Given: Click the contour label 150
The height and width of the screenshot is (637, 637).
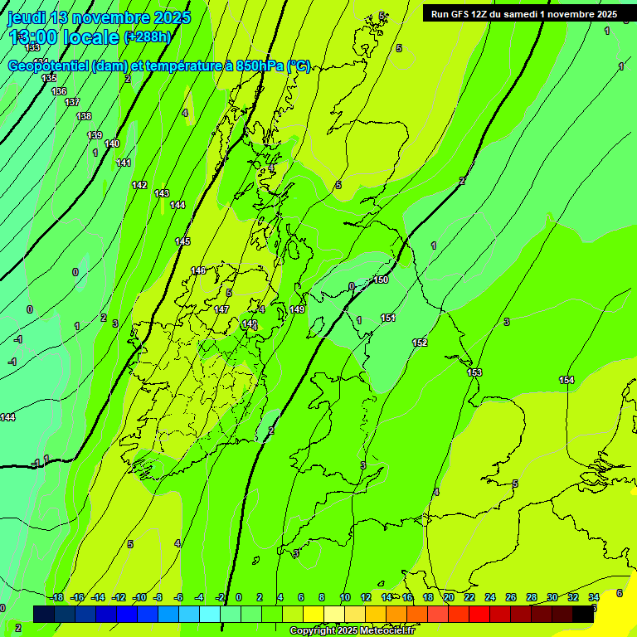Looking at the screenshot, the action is tap(381, 280).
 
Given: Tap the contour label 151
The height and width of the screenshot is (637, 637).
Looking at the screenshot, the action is tap(388, 318).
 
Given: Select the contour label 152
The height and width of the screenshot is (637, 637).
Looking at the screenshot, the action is tap(420, 343).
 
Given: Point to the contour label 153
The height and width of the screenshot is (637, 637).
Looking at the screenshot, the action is tap(474, 372).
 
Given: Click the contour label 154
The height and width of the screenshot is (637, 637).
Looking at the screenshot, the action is tap(566, 380).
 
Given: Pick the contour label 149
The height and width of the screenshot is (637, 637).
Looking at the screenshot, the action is tap(297, 309).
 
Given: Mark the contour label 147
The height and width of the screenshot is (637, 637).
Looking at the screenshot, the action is tap(221, 309).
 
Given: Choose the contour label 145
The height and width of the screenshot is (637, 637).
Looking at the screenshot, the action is tap(182, 241).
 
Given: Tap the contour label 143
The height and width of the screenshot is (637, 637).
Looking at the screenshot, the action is tap(162, 193).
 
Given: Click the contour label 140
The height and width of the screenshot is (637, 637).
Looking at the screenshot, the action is tap(112, 143).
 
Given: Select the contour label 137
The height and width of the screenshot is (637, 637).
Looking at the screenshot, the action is tap(72, 102).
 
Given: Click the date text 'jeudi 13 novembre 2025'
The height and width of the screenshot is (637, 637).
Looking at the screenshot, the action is tap(99, 17).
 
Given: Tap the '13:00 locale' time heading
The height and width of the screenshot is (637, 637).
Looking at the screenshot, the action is tap(64, 37).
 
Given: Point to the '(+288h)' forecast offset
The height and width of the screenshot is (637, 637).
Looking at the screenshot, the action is tap(148, 37).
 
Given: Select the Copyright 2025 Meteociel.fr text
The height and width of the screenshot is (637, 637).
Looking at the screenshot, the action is tap(352, 631).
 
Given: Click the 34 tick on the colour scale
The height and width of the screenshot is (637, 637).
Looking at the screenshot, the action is tap(594, 597).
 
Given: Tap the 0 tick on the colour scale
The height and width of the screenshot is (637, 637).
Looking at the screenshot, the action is tap(239, 597).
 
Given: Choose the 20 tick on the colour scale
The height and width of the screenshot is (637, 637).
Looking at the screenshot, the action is tap(449, 597).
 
